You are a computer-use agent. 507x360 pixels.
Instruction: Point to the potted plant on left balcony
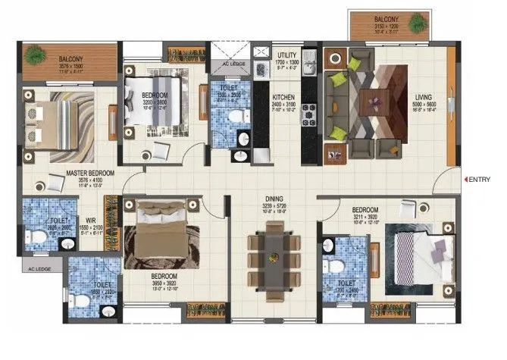pos(34,55)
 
